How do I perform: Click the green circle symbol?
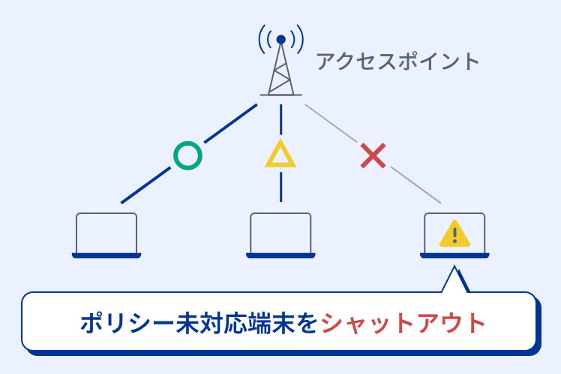tap(187, 155)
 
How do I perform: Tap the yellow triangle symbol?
tap(280, 155)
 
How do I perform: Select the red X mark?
tap(373, 155)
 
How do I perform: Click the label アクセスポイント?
tap(397, 61)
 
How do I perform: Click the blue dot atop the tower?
tap(280, 39)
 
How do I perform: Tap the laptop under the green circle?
tap(106, 235)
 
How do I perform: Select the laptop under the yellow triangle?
tap(280, 235)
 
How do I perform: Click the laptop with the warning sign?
tap(454, 235)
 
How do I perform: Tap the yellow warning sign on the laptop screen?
tap(454, 234)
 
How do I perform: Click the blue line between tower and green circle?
tap(229, 124)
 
